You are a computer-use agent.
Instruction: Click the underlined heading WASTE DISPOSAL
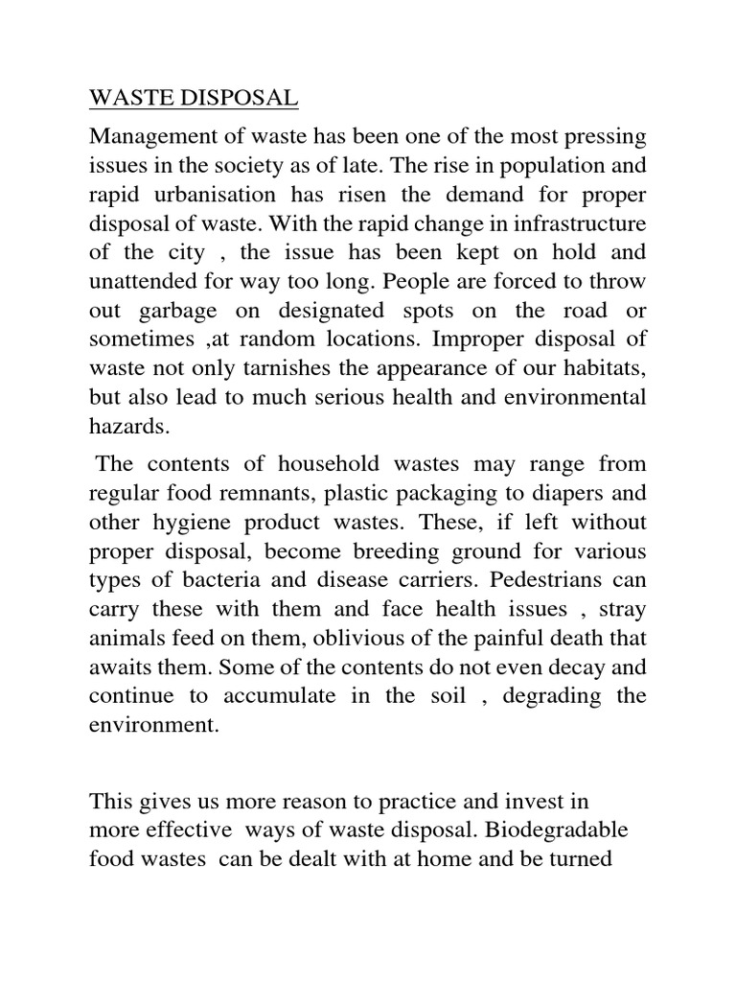coord(194,98)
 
